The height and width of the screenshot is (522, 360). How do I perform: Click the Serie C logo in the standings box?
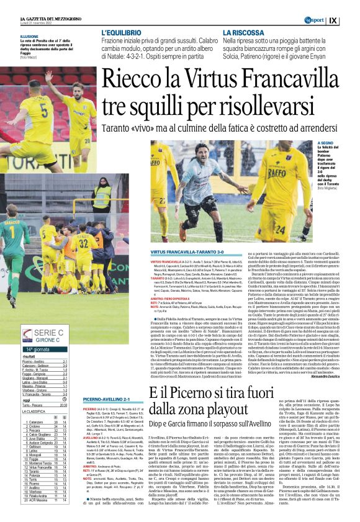pos(27,336)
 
